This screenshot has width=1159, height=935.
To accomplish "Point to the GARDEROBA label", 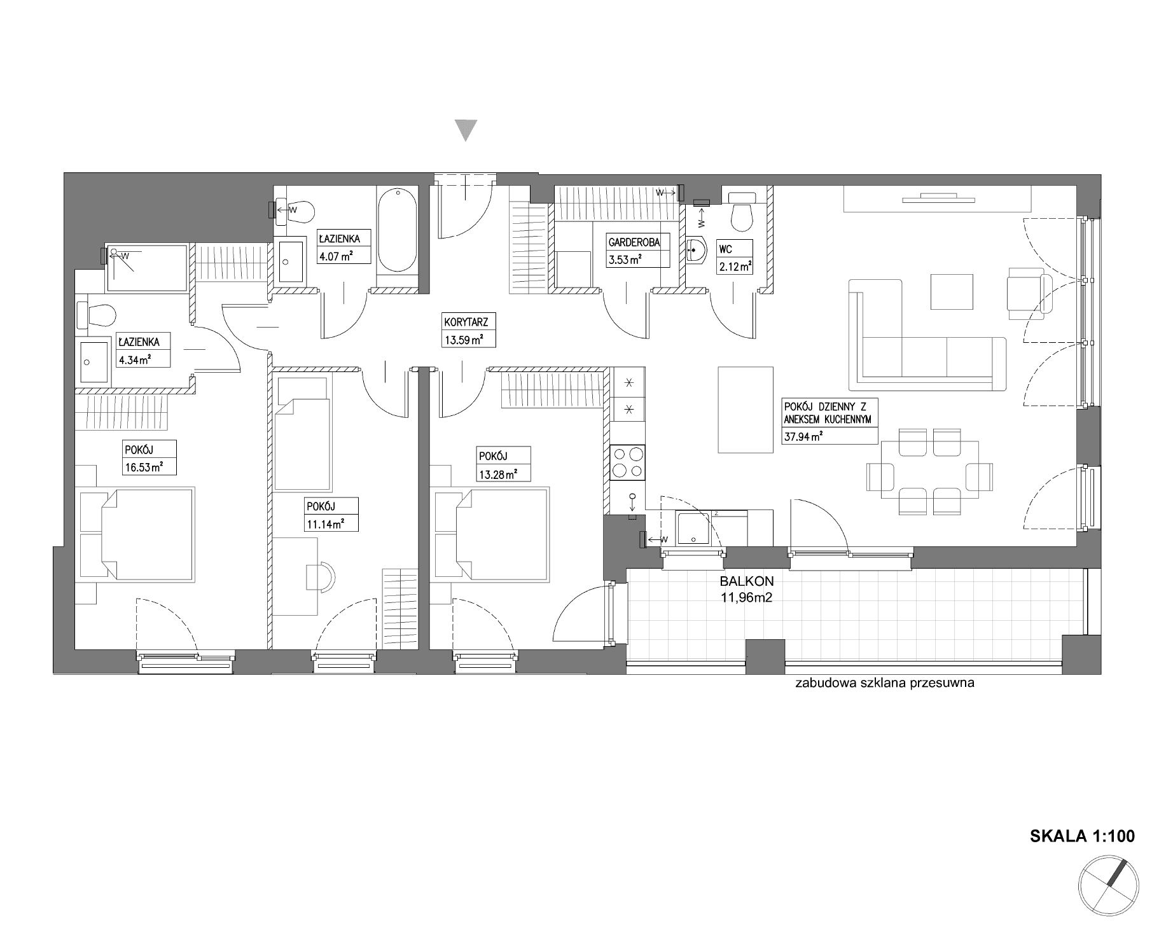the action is [x=634, y=242].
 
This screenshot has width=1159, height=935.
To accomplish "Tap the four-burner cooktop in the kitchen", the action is [x=627, y=462].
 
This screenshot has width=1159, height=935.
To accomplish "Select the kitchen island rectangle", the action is [x=746, y=410].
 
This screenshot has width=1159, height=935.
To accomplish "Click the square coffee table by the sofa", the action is [x=952, y=292].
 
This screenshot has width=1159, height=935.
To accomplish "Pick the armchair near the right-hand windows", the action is [x=1025, y=292].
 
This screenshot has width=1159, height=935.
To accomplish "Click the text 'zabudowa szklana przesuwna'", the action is [x=884, y=684].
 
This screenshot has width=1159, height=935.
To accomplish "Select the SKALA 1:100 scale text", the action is [x=1082, y=836].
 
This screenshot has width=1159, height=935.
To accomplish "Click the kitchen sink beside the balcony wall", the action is [x=691, y=529].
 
